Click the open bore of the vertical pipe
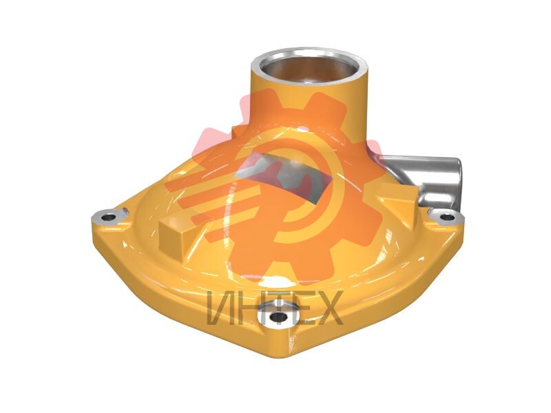(x=309, y=68)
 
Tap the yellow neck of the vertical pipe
(x=309, y=105)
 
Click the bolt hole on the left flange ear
(x=108, y=218)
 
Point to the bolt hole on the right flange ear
(x=447, y=217)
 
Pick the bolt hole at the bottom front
(x=279, y=317)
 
